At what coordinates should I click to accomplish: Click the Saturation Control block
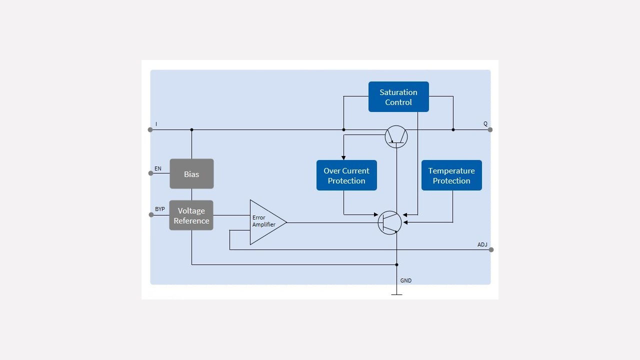398,96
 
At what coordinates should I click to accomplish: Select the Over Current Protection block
346,175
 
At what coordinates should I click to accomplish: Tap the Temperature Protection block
451,175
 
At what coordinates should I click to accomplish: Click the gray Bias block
191,174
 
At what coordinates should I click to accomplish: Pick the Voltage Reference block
191,215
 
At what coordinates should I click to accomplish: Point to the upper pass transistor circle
396,136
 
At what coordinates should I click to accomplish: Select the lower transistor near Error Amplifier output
389,222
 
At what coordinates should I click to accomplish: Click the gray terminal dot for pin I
150,130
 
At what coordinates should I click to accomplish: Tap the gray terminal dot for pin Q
490,130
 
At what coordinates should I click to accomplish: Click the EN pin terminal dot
150,173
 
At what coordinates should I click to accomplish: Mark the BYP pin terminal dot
151,215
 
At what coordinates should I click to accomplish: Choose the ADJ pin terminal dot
491,250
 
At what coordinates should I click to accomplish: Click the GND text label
406,281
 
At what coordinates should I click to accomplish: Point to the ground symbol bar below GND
396,295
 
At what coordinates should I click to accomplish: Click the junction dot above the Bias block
191,130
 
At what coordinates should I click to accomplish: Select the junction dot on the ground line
396,265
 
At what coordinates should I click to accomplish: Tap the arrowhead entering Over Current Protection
343,157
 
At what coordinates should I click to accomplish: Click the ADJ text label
482,244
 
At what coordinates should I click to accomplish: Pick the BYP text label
160,209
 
